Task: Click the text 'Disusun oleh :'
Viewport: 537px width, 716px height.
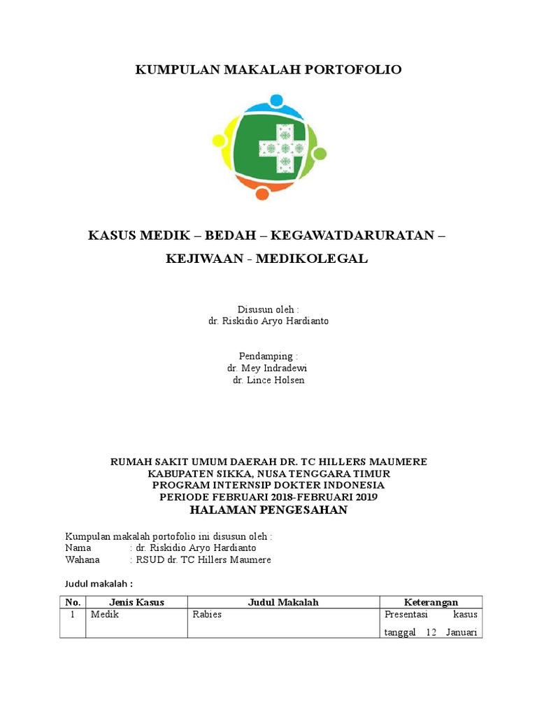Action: (268, 309)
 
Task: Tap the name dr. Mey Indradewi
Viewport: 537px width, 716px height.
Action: (267, 368)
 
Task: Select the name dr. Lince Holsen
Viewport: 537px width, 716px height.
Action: (268, 380)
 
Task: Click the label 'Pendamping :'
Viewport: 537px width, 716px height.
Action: (268, 356)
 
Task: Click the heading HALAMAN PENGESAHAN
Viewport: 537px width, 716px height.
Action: (268, 510)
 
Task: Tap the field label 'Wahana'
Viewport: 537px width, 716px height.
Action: (83, 560)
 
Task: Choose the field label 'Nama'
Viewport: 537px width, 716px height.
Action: (78, 548)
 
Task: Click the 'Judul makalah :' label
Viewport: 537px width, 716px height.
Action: (99, 583)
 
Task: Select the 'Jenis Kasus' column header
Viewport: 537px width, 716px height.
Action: (136, 602)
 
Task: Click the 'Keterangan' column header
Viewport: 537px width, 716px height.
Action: (431, 602)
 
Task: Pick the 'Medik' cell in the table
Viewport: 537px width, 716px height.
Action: (103, 615)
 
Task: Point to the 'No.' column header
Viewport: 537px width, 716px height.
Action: (73, 602)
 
